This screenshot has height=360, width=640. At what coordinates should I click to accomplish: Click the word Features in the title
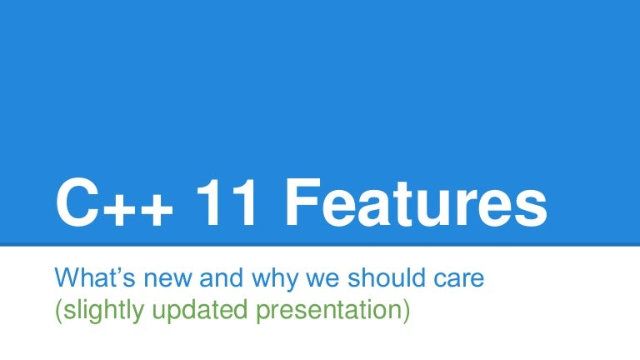tap(416, 202)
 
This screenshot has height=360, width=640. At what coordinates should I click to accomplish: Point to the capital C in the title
tap(77, 202)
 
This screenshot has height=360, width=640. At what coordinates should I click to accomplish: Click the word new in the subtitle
tap(167, 280)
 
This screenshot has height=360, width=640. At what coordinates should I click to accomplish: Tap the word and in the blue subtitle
tap(221, 277)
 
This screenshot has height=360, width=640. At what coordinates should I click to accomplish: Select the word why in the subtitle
tap(275, 280)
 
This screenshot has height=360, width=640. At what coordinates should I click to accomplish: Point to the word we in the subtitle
tap(322, 280)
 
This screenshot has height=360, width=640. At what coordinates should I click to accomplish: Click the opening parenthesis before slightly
tap(59, 312)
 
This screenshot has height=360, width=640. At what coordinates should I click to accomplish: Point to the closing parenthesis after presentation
tap(406, 312)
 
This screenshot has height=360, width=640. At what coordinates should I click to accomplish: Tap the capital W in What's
tap(67, 277)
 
